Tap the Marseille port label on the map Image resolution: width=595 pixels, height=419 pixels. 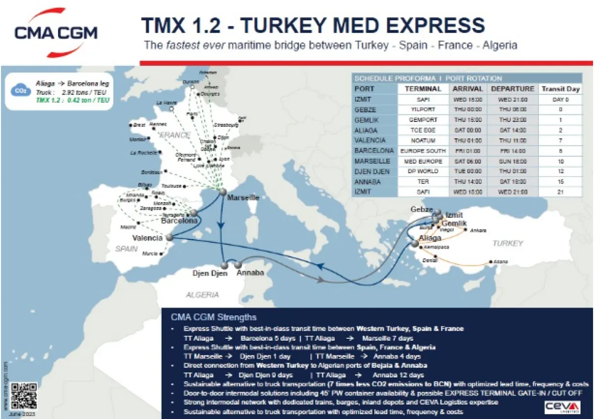coord(243,198)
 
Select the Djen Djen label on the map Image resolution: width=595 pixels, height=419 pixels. coord(210,273)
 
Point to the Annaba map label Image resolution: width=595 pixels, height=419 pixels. coord(250,273)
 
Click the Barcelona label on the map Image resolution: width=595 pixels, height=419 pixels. coord(179,221)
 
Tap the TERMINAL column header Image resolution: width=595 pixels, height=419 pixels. coord(423,89)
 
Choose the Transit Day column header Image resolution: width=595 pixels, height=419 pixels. coord(560,89)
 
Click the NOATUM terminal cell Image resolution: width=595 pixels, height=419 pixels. coord(423,140)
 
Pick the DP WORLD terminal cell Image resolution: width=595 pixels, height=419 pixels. coord(423,171)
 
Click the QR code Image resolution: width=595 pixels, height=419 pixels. coord(24,396)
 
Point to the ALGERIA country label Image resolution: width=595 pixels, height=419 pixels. coord(202,295)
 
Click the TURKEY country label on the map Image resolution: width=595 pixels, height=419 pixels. coord(508,243)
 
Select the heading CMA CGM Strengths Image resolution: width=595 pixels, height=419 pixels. coord(213,317)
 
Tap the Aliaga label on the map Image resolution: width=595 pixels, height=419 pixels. coord(430,239)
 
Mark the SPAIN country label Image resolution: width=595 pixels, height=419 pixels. coord(126,248)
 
